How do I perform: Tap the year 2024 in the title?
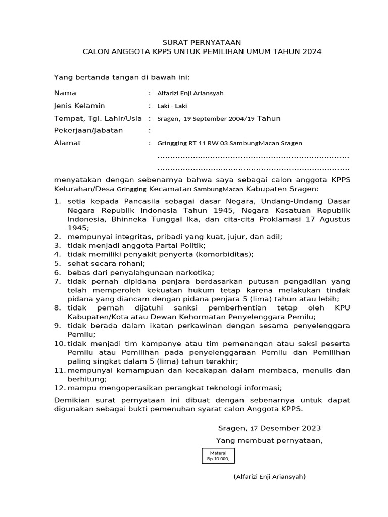click(310, 52)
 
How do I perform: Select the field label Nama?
click(65, 93)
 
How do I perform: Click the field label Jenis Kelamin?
click(79, 106)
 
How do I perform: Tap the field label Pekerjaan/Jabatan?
click(88, 131)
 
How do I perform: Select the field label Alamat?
click(67, 143)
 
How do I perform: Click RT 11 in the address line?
click(194, 143)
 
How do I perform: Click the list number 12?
click(59, 388)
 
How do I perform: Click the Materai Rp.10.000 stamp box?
click(218, 456)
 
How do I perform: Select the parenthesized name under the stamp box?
click(269, 477)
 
